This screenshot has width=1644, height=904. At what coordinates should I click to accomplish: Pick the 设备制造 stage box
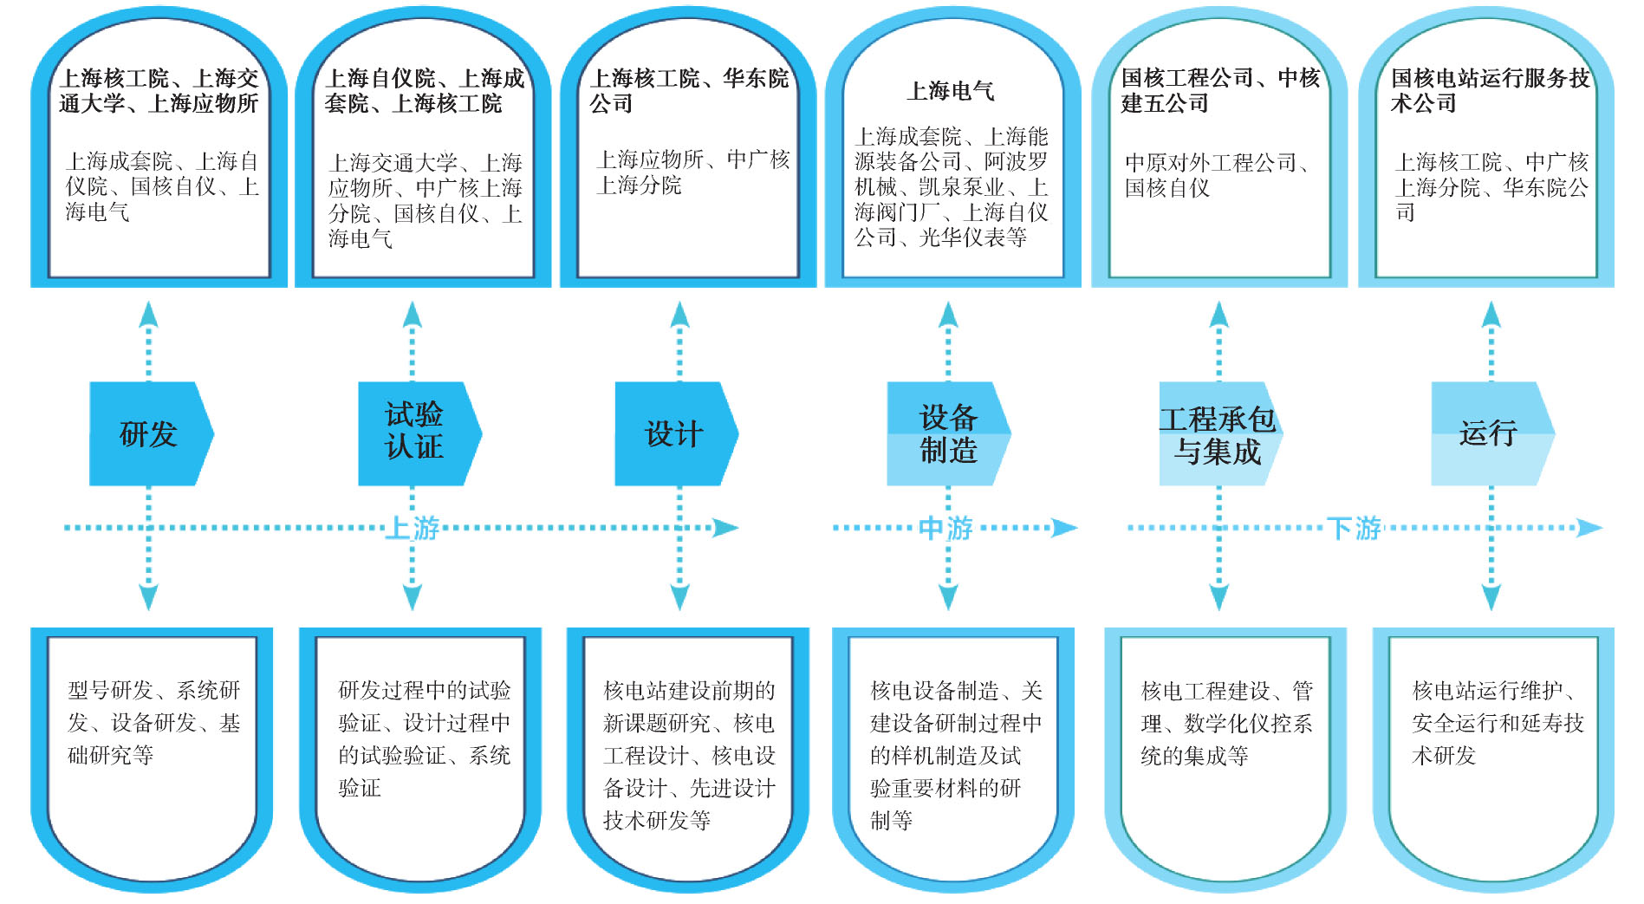(948, 433)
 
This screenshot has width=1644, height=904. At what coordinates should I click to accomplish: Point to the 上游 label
(413, 528)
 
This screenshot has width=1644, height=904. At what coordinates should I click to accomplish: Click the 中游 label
(945, 528)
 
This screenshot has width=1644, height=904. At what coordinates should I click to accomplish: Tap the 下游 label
(1354, 528)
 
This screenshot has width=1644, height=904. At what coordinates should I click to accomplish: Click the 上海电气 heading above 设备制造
(951, 91)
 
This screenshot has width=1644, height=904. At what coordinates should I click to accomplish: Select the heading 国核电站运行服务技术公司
(1490, 90)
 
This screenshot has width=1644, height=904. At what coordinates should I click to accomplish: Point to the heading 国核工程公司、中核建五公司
(1220, 90)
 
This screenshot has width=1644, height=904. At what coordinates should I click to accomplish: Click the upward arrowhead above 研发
(148, 314)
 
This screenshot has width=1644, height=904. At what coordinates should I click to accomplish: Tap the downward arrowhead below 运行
(1491, 597)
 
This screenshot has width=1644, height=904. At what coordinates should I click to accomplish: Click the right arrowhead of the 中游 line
(1065, 528)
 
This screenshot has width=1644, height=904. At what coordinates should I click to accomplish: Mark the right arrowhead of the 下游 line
(1590, 528)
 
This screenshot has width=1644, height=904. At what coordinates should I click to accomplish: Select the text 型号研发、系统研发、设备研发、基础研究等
(153, 723)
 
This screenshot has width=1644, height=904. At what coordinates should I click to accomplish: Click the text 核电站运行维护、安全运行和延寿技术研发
(1498, 723)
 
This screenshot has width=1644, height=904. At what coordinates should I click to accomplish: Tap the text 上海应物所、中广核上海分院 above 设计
(692, 172)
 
